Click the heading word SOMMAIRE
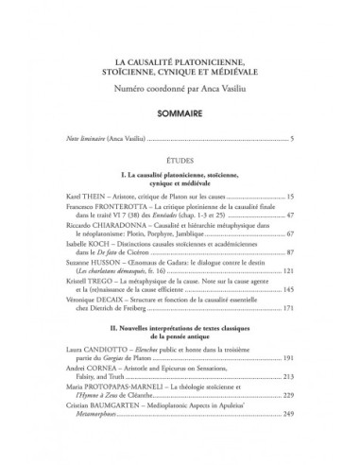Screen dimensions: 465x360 [x=180, y=112]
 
